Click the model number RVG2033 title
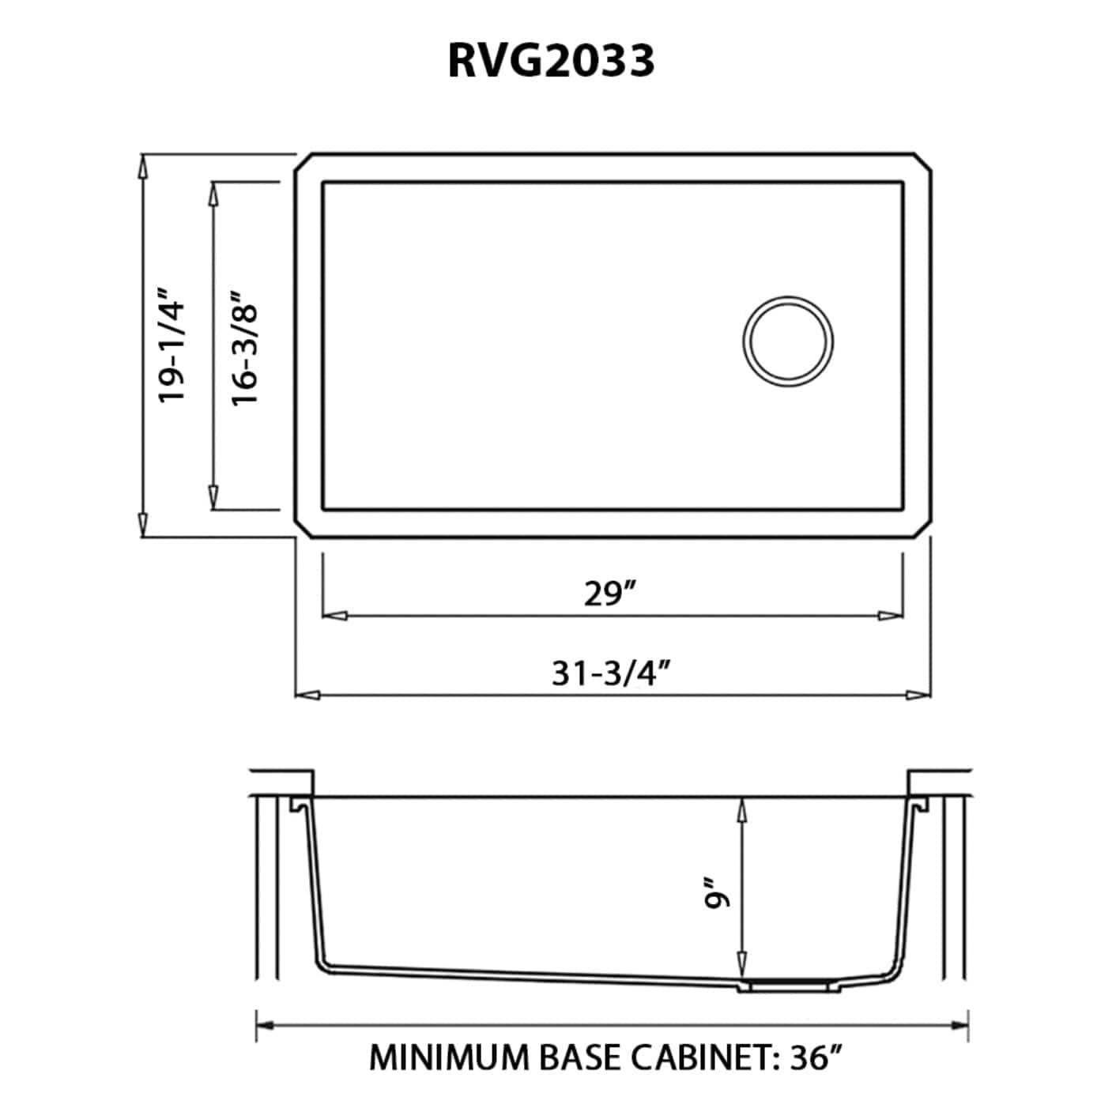point(551,62)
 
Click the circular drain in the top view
point(788,341)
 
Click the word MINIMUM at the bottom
point(448,1057)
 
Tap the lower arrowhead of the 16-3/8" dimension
point(213,496)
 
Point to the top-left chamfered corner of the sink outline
point(302,161)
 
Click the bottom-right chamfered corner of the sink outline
point(923,530)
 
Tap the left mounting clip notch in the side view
point(299,804)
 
